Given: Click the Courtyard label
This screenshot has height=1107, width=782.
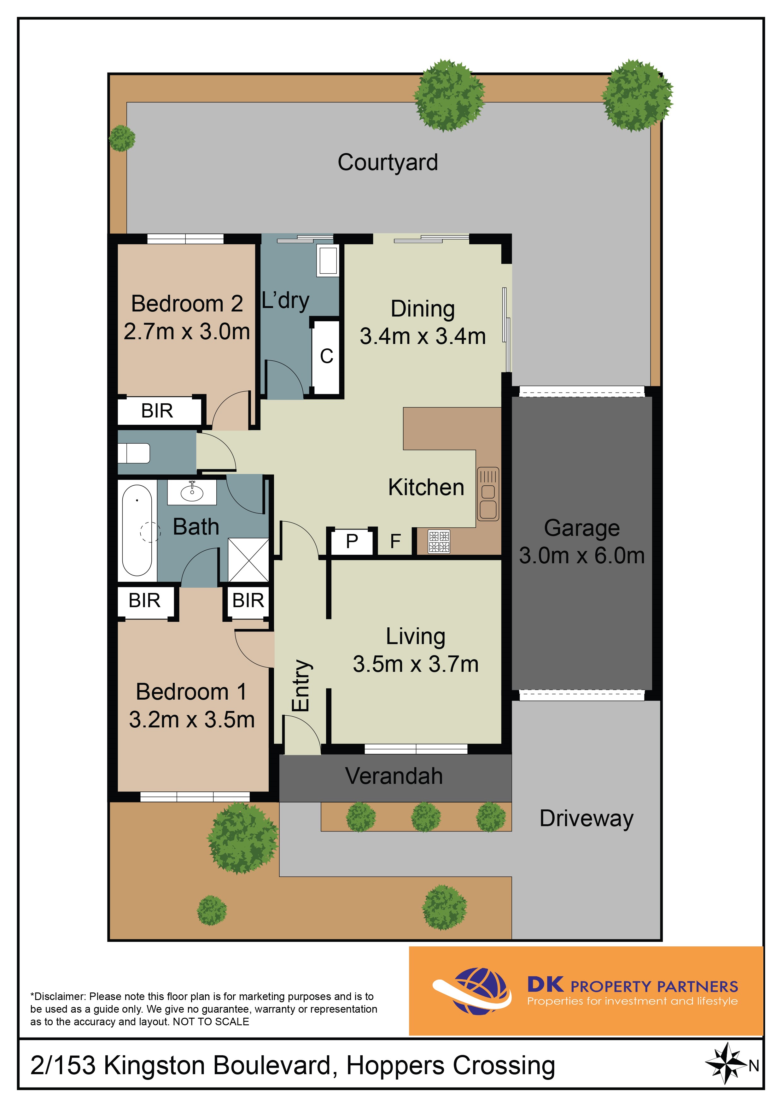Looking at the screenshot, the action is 388,163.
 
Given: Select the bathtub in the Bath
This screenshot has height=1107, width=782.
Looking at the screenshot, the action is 137,530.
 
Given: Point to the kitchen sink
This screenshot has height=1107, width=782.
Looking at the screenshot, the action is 488,494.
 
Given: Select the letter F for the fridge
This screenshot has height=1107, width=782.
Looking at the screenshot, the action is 395,542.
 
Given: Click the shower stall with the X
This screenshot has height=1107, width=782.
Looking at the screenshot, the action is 248,560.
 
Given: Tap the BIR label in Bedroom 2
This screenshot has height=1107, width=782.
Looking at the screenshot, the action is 157,411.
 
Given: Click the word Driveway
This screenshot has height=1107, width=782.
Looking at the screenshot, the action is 586,819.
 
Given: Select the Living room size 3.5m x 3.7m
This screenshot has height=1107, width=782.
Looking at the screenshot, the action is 416,664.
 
